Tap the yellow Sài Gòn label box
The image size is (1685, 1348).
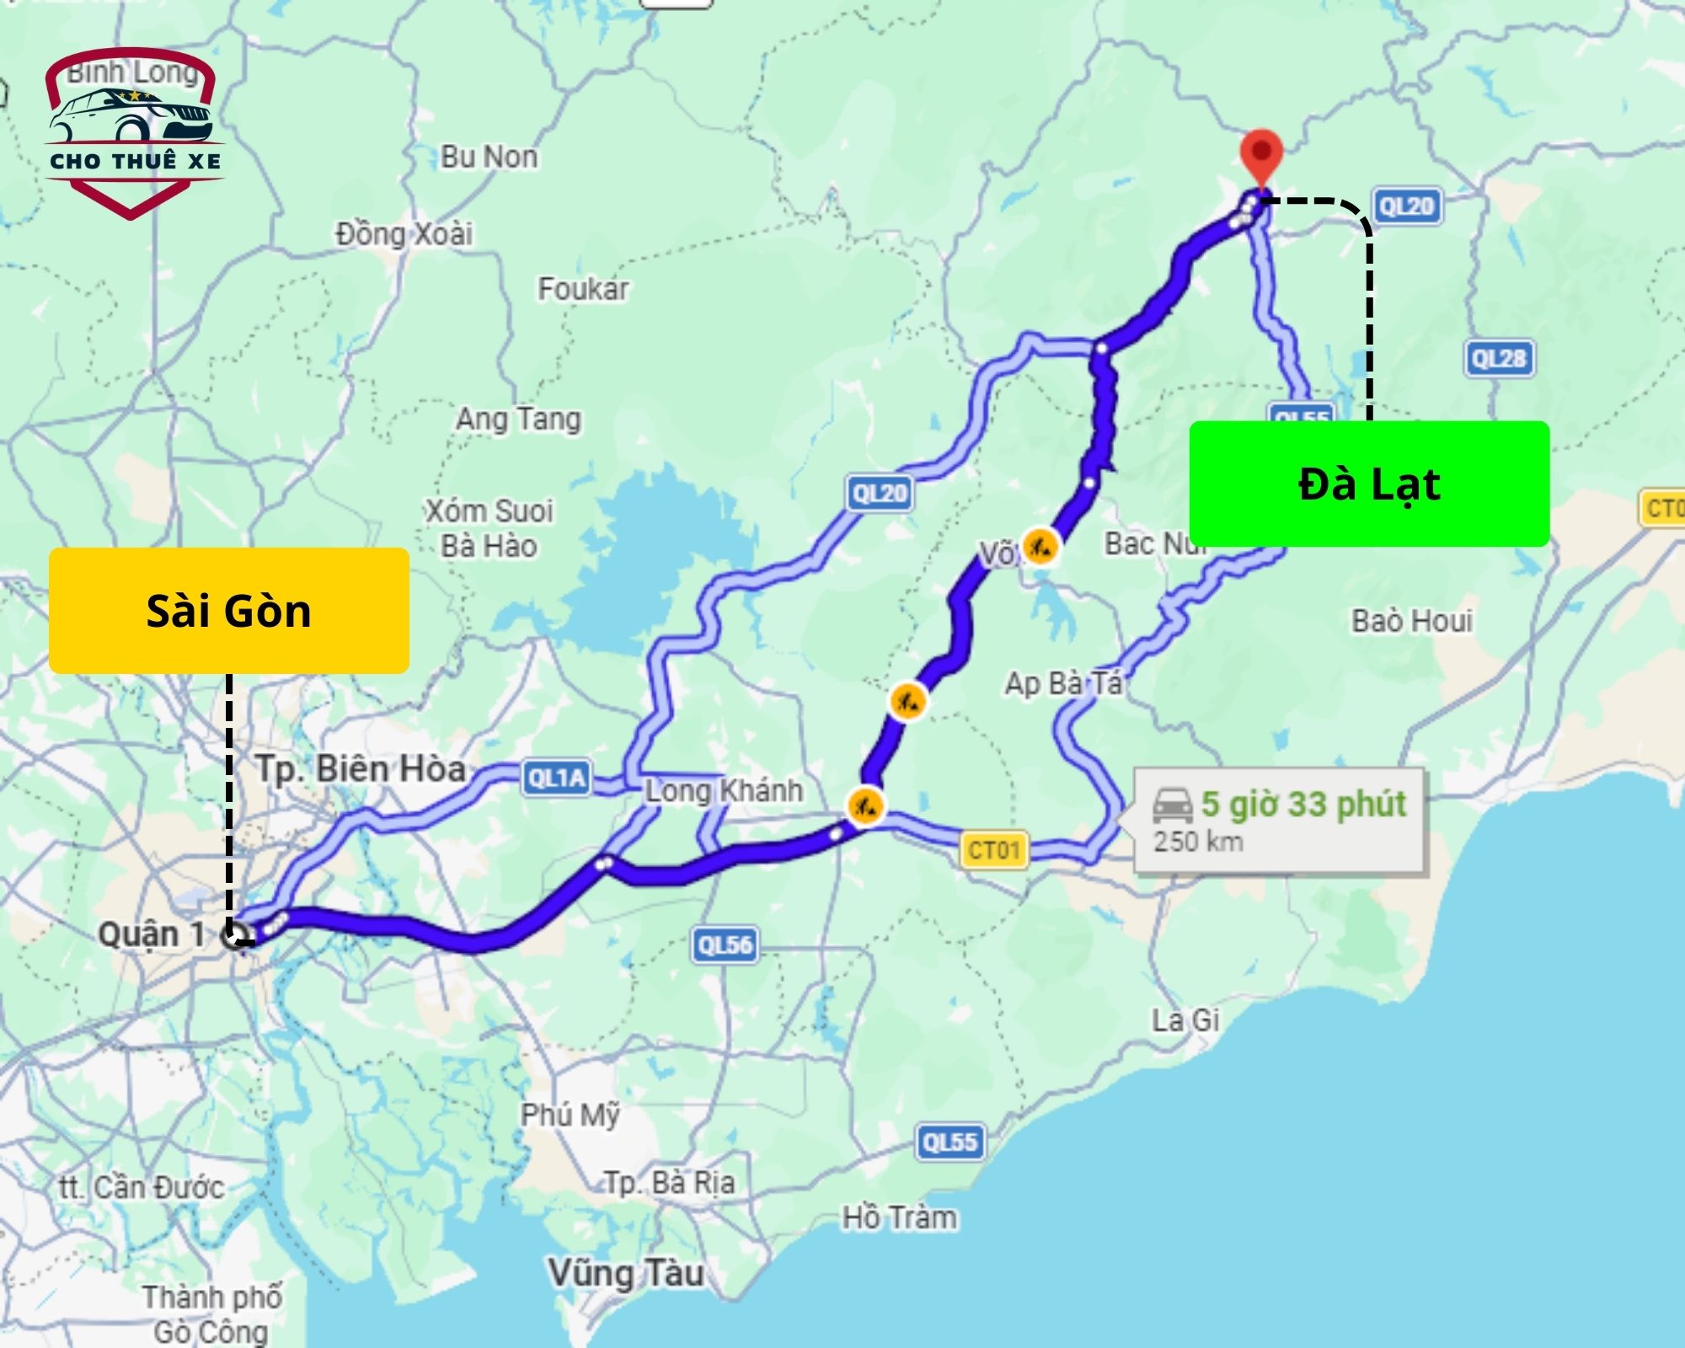pyautogui.click(x=229, y=611)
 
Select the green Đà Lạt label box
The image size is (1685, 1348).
pyautogui.click(x=1369, y=484)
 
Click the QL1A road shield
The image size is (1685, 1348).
pyautogui.click(x=556, y=777)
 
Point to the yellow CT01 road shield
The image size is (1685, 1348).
pyautogui.click(x=994, y=850)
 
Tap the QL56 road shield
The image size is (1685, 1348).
pyautogui.click(x=725, y=945)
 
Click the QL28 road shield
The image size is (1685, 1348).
pyautogui.click(x=1499, y=359)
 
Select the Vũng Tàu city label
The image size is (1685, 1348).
pyautogui.click(x=626, y=1272)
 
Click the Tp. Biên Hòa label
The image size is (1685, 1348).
pyautogui.click(x=361, y=769)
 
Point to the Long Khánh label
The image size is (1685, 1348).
pyautogui.click(x=725, y=790)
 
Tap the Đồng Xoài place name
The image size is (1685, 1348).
pyautogui.click(x=404, y=233)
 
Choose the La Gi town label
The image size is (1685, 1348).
pyautogui.click(x=1185, y=1021)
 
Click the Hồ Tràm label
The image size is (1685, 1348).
pyautogui.click(x=900, y=1217)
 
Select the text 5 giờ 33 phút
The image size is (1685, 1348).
pyautogui.click(x=1303, y=804)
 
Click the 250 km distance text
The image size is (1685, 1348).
pyautogui.click(x=1198, y=841)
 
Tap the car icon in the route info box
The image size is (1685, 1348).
pyautogui.click(x=1172, y=805)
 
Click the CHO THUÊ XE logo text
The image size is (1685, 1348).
pyautogui.click(x=136, y=161)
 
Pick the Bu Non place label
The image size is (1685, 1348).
pyautogui.click(x=489, y=157)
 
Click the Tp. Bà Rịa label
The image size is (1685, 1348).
pyautogui.click(x=670, y=1183)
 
